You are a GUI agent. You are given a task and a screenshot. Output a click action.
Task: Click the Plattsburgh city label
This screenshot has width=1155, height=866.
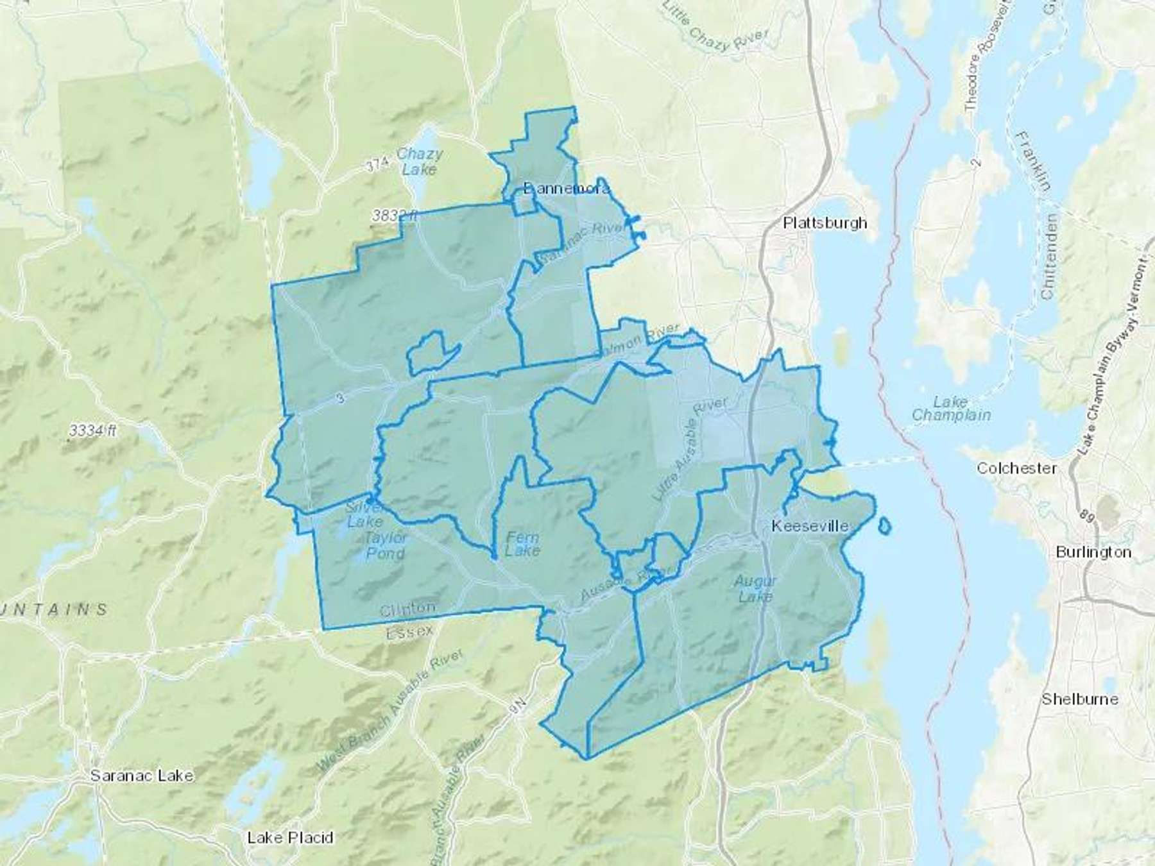coord(825,223)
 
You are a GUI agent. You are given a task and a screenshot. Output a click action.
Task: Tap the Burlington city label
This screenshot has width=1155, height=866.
coord(1093,552)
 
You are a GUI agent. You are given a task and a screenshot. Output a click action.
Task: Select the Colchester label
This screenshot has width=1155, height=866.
coord(1016,468)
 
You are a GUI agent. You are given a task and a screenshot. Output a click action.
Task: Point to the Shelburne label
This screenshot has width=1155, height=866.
coord(1079,699)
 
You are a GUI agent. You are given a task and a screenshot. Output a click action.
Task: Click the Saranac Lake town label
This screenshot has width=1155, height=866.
coord(141,776)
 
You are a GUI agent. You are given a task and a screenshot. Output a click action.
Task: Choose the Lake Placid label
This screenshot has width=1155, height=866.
coord(290,838)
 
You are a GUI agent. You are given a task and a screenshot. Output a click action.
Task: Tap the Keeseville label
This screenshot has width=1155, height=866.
coord(809,527)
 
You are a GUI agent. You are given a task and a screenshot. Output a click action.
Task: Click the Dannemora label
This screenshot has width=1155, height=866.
coord(566,189)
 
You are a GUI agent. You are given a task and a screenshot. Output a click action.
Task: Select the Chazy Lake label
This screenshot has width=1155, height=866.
coord(419,162)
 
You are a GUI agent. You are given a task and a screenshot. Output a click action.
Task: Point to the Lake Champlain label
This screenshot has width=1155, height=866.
coord(950,409)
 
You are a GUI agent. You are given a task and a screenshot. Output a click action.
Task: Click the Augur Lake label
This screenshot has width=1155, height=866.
coord(755,589)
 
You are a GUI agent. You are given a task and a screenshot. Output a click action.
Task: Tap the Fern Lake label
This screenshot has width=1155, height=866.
coord(522,544)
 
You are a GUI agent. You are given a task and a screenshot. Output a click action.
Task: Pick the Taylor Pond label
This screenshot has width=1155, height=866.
coord(384,546)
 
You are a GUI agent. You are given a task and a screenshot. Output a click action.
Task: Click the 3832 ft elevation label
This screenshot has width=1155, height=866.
coord(394,217)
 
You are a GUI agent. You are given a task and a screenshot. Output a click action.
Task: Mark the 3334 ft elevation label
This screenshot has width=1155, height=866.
coord(92,431)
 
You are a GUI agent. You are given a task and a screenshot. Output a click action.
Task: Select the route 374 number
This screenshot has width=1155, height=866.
coord(377,166)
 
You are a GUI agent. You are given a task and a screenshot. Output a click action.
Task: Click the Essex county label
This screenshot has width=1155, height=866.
coord(409,633)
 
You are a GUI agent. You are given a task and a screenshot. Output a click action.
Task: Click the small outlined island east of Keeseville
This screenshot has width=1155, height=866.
coord(884,526)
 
